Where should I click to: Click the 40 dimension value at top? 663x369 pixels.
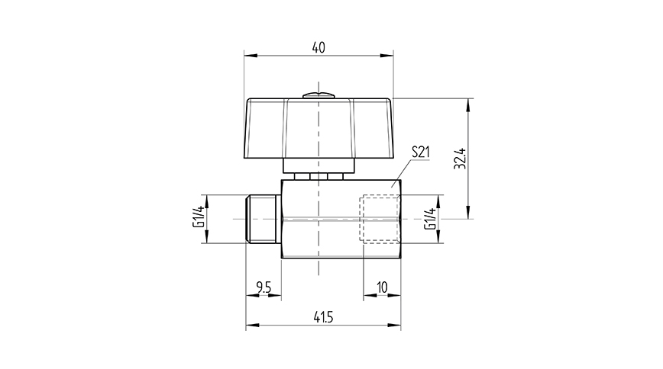tap(319, 47)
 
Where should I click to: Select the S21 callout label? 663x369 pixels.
tap(421, 152)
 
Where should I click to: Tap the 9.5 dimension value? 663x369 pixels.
tap(264, 287)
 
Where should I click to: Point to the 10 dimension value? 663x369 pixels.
tap(382, 287)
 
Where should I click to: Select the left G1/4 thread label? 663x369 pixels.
tap(198, 220)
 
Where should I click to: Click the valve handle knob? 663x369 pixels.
tap(319, 128)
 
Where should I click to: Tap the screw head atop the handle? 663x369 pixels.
tap(319, 95)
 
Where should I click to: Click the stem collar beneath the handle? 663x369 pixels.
tap(319, 166)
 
